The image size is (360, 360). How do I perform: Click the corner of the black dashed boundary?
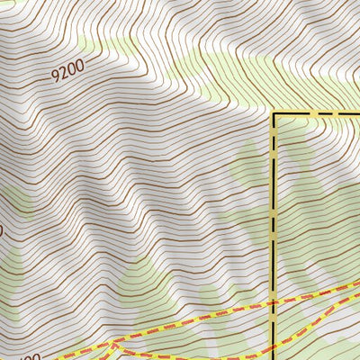(274, 114)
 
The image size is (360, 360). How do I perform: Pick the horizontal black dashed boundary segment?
(315, 114)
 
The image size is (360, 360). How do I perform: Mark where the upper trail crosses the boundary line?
(274, 305)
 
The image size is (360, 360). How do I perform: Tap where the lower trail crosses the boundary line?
(274, 349)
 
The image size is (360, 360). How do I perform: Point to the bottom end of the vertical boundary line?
(274, 357)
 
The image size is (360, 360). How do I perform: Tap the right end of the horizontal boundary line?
(357, 114)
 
